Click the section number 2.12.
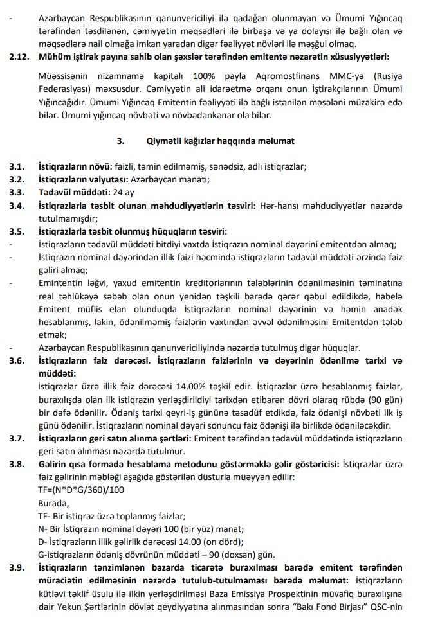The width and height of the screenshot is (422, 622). click(19, 57)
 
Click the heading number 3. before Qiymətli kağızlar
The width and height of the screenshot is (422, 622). click(119, 139)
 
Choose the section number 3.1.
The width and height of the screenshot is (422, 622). click(17, 166)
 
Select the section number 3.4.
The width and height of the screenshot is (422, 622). click(17, 205)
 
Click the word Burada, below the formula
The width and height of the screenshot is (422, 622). click(54, 503)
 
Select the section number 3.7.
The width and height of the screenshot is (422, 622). click(17, 438)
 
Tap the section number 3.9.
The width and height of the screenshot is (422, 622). click(17, 567)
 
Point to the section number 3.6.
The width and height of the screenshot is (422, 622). click(17, 360)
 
